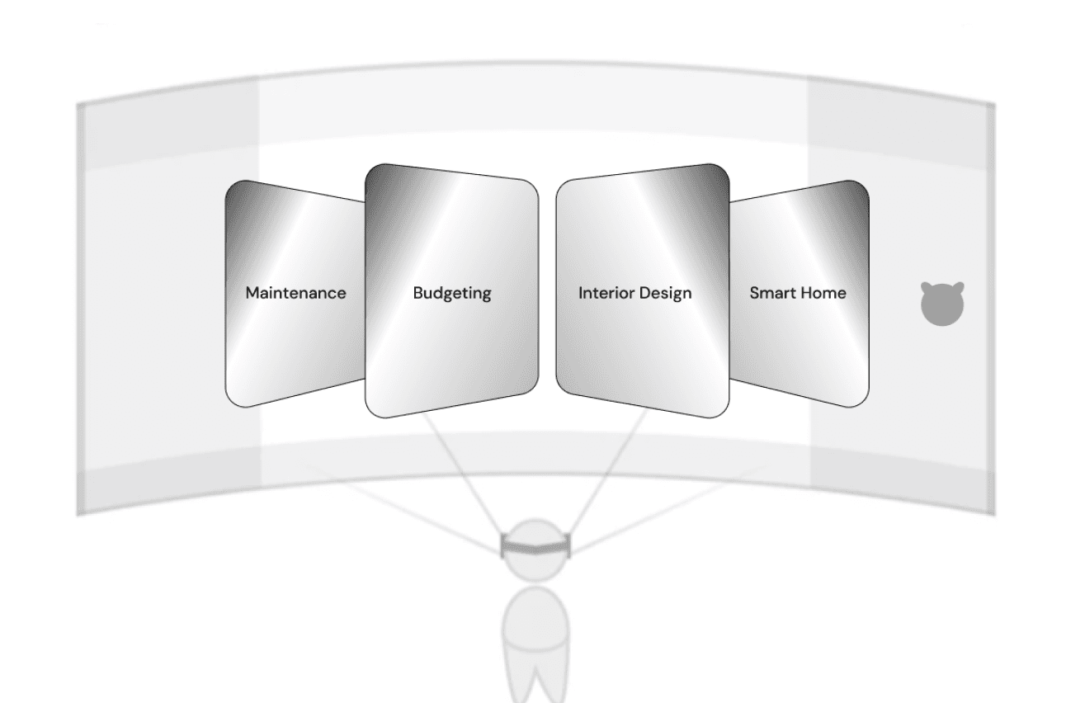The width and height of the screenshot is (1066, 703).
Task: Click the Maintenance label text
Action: point(296,293)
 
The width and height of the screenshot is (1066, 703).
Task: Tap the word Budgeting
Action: point(451,293)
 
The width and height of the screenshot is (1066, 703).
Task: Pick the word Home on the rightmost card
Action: point(826,293)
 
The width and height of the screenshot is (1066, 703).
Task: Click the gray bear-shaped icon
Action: point(942,303)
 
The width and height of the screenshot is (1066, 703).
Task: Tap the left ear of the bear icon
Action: point(927,287)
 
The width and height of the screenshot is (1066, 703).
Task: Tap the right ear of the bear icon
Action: point(959,287)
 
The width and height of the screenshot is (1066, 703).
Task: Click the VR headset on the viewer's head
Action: point(536,545)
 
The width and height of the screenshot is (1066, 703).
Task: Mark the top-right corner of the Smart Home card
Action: point(861,186)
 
